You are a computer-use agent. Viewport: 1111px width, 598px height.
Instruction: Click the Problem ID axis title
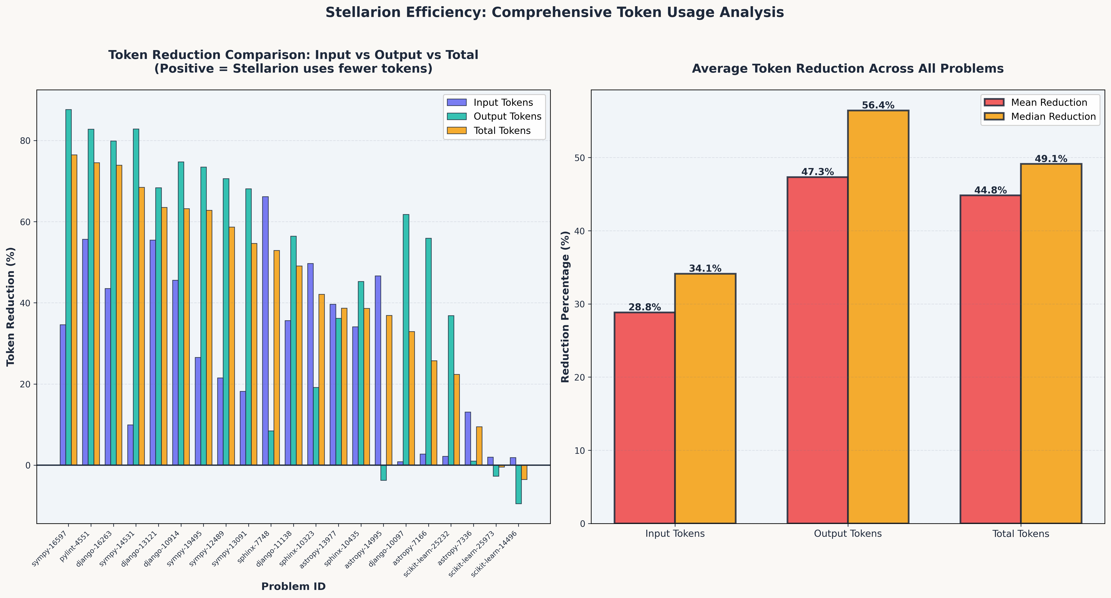click(293, 586)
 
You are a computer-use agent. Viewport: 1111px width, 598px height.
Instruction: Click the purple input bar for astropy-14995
click(378, 371)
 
